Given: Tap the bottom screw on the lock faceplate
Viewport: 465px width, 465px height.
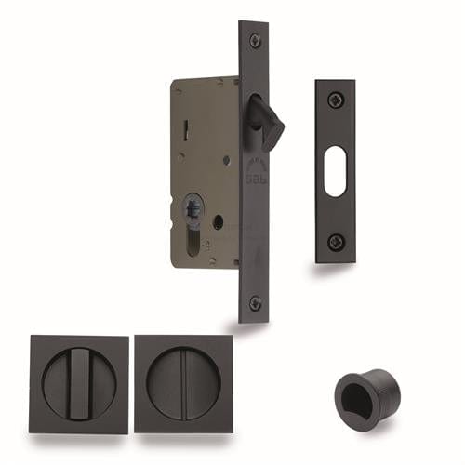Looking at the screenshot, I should click(x=255, y=303).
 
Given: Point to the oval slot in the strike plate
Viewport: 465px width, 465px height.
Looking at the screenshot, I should click(x=336, y=171).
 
